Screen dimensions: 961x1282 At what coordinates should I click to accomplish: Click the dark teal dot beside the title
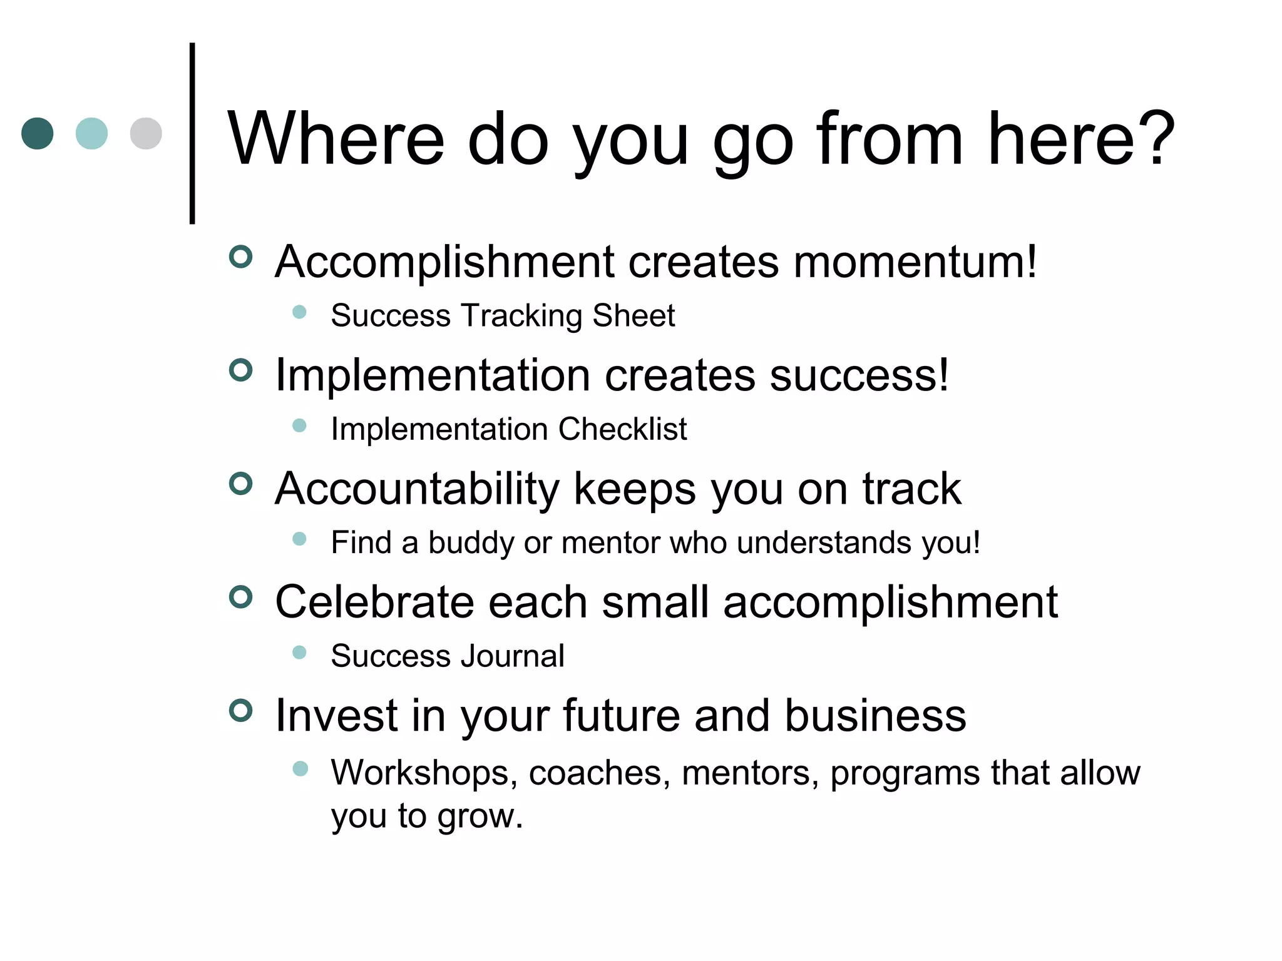click(x=38, y=133)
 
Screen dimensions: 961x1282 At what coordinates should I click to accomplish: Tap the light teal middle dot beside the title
click(x=91, y=133)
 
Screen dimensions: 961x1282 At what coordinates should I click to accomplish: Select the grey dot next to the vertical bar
click(x=146, y=133)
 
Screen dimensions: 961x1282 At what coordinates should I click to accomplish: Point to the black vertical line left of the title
click(x=192, y=133)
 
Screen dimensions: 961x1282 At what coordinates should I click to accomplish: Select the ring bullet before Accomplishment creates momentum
click(x=240, y=257)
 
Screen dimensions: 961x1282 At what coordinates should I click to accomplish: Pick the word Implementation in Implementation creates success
click(x=433, y=375)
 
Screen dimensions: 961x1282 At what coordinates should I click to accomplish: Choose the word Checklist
click(x=622, y=429)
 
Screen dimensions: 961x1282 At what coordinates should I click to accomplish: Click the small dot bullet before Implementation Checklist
click(x=299, y=425)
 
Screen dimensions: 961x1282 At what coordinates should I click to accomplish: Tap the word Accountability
click(x=417, y=489)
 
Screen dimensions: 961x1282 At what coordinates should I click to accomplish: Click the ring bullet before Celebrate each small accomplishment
click(x=240, y=597)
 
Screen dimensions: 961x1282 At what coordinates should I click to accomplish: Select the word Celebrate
click(x=375, y=602)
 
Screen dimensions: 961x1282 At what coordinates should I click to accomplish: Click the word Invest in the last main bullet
click(x=336, y=715)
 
